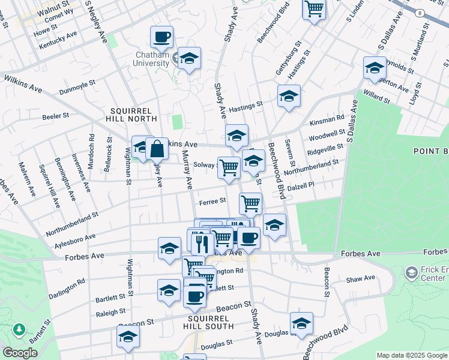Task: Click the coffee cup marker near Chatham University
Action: click(x=161, y=38)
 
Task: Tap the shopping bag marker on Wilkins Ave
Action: click(x=156, y=148)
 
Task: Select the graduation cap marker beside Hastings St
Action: click(x=289, y=96)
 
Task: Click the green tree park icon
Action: click(x=19, y=329)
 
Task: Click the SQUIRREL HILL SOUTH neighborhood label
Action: click(x=209, y=322)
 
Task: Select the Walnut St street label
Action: click(x=52, y=10)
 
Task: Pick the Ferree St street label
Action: click(x=212, y=201)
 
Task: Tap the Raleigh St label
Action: click(x=110, y=313)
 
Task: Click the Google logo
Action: click(x=20, y=353)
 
